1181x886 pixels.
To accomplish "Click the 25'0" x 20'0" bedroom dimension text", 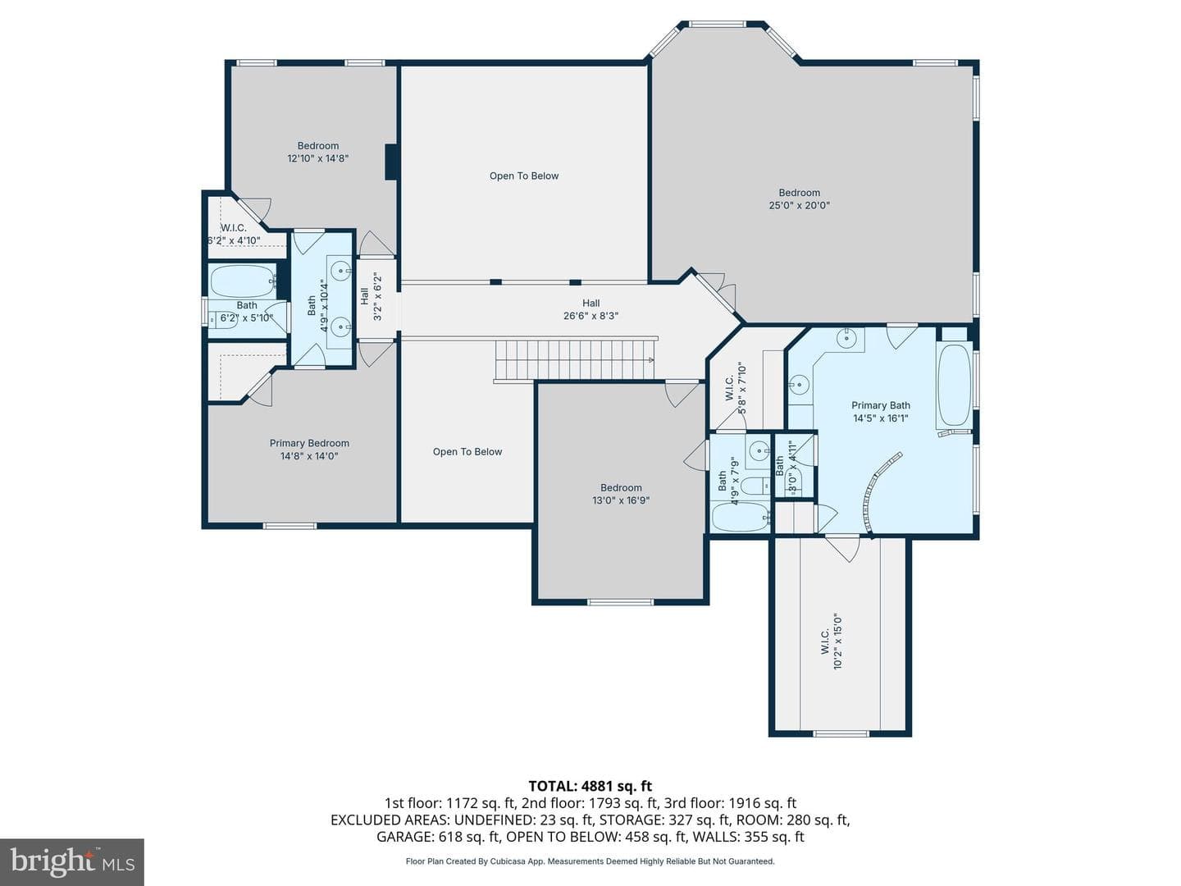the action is [x=799, y=205].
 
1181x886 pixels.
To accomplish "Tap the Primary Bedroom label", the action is [x=309, y=443].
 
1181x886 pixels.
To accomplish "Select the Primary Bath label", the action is [x=881, y=405].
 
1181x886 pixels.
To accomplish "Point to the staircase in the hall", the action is [x=576, y=359].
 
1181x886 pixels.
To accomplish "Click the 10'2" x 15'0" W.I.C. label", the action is [x=832, y=642].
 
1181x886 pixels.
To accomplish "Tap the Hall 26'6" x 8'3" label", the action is [x=590, y=310].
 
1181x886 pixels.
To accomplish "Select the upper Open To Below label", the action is [x=524, y=176].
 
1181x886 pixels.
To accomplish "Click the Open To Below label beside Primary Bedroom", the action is [x=467, y=452].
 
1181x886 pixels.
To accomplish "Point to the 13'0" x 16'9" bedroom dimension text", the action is [x=621, y=500].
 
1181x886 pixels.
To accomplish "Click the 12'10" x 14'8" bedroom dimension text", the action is [x=318, y=158].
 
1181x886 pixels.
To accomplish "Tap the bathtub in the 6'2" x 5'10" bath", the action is [x=244, y=281].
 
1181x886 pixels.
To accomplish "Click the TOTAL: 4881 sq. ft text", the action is [x=590, y=786].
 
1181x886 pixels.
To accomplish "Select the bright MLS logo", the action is [x=72, y=861].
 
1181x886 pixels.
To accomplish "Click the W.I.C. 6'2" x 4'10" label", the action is [x=234, y=234].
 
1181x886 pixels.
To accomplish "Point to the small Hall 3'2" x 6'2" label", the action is [x=372, y=297].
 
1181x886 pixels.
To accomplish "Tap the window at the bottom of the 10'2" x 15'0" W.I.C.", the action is [x=840, y=733].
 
